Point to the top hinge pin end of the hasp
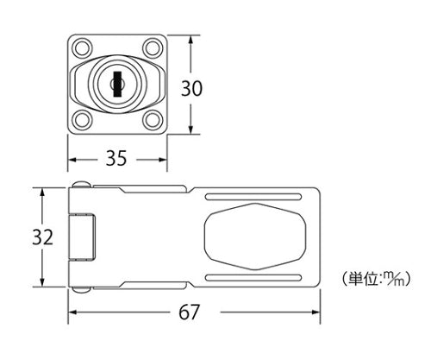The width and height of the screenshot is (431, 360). (79, 186)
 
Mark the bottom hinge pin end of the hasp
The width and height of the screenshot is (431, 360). (79, 290)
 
